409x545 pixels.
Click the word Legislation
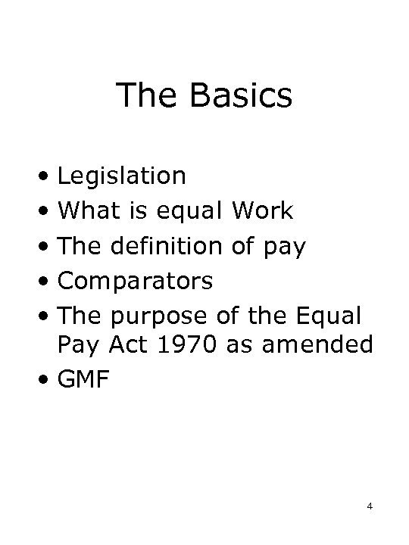coord(122,176)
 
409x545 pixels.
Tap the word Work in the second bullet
coord(262,211)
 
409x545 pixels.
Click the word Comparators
coord(136,282)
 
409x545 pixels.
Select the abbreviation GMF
coord(84,380)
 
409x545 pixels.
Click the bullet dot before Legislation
coord(47,177)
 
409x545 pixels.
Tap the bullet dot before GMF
coord(47,381)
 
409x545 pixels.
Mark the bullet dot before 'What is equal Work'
coord(47,212)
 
